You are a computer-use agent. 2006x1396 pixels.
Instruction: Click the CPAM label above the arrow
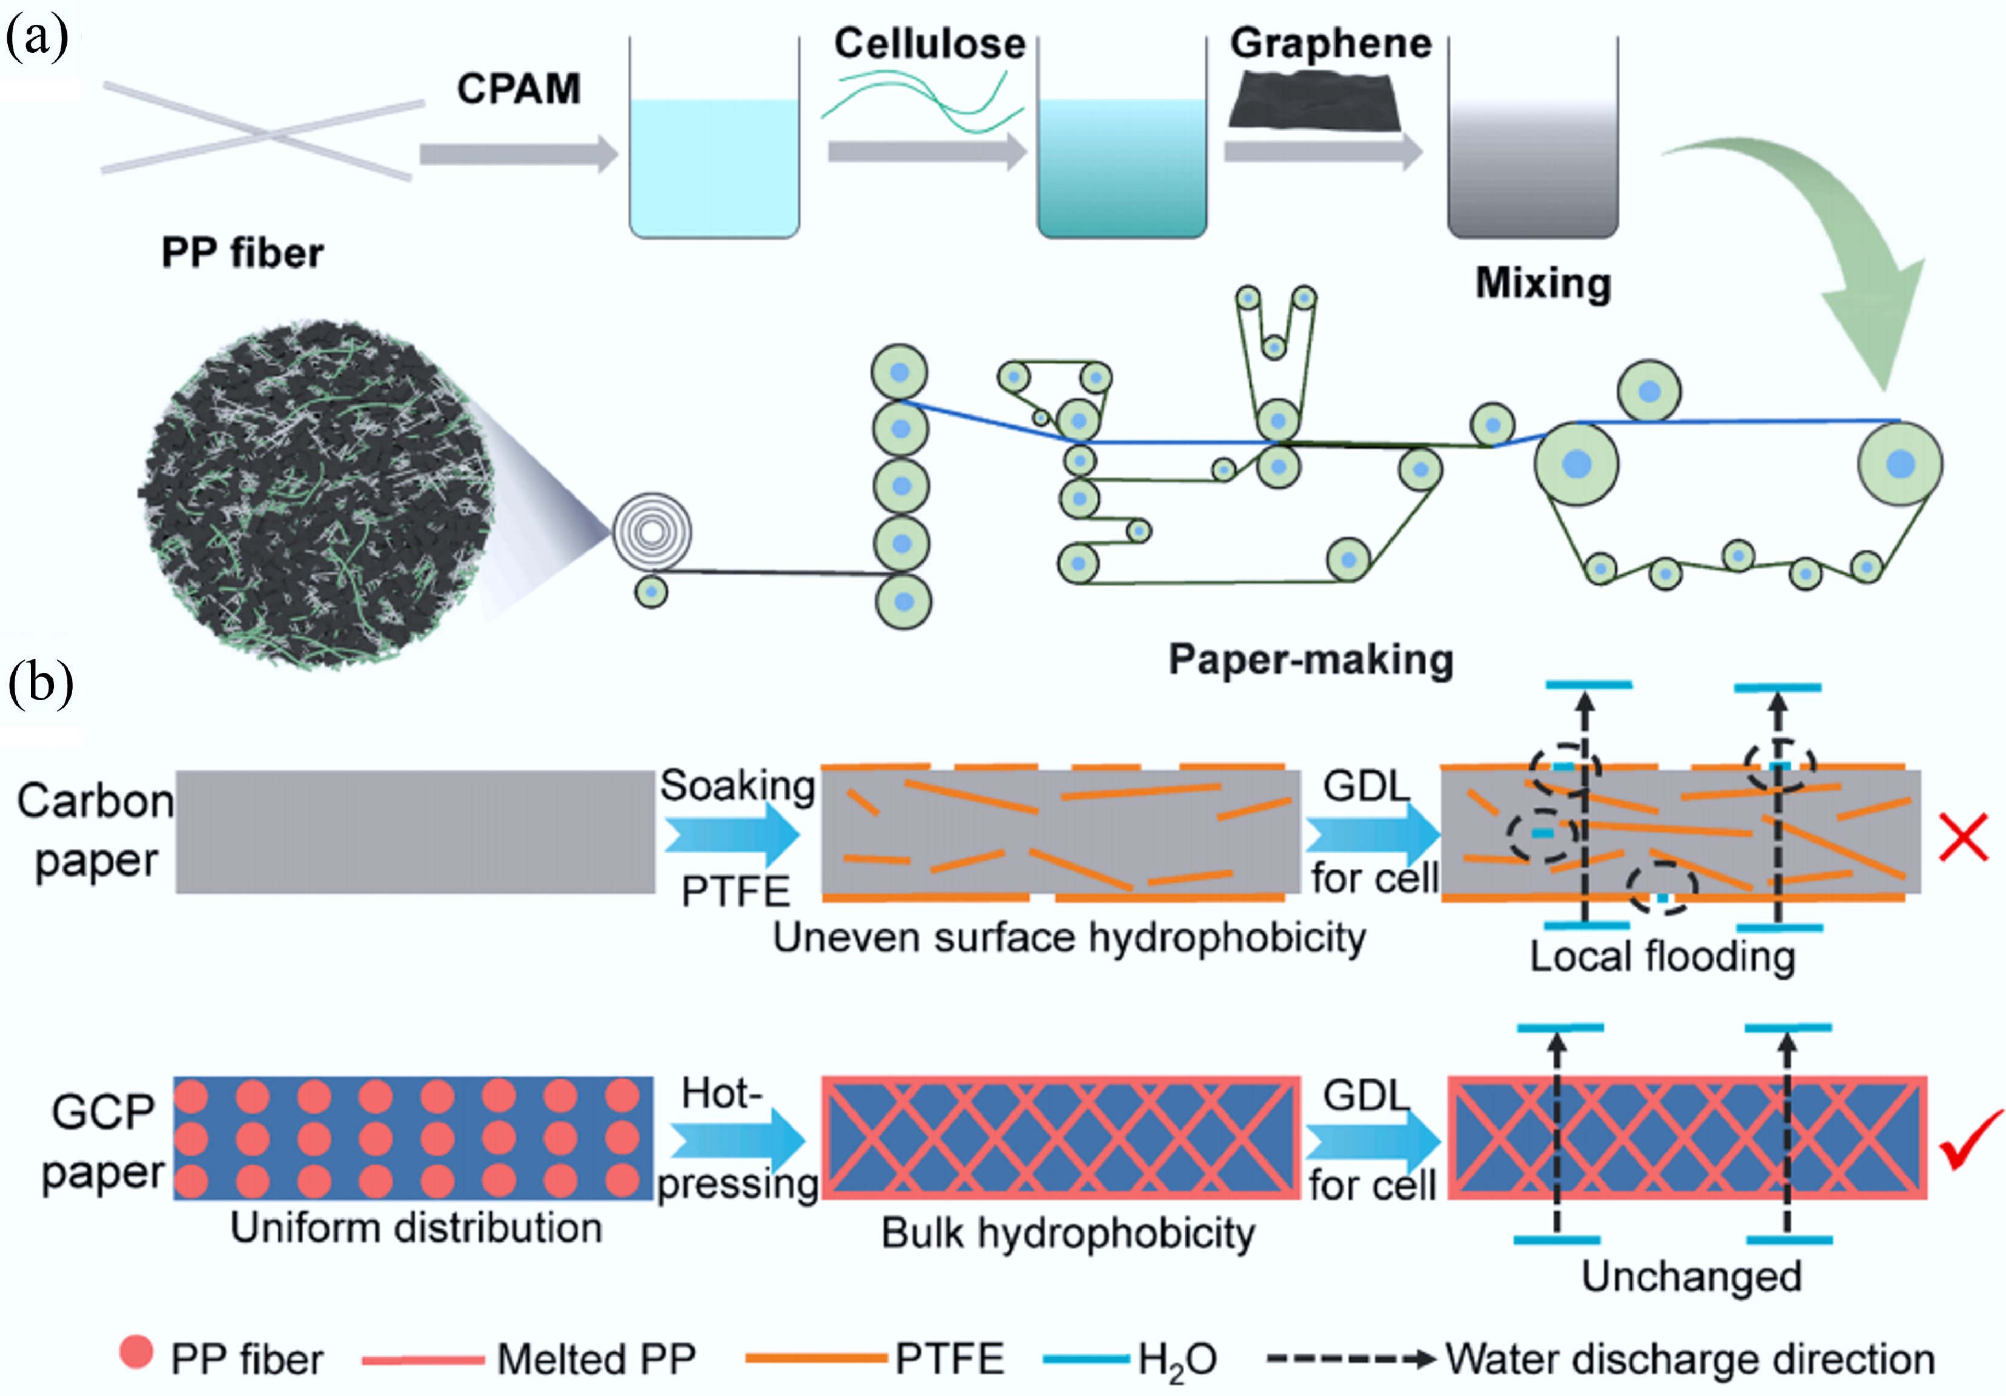(519, 88)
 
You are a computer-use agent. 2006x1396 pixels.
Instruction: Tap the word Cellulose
(930, 44)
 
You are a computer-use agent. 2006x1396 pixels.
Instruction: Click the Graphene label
(1331, 44)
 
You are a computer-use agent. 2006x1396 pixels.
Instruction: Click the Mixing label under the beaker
(1543, 283)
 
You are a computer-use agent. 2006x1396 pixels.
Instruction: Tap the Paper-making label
(1310, 659)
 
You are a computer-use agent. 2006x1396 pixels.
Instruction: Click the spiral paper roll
(651, 530)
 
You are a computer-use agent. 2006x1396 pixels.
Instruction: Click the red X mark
(1963, 837)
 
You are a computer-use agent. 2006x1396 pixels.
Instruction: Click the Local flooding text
(1662, 957)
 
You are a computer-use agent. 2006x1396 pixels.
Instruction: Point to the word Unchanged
(1691, 1276)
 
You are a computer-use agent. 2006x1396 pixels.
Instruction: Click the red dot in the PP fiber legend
(136, 1352)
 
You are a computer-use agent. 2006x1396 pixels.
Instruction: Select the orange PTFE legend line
(815, 1358)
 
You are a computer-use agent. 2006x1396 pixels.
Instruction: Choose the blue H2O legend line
(1086, 1358)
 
